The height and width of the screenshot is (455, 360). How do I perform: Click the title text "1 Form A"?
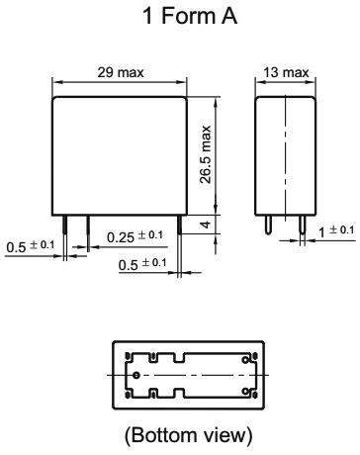pyautogui.click(x=180, y=17)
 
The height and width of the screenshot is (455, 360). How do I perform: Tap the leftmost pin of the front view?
pyautogui.click(x=65, y=226)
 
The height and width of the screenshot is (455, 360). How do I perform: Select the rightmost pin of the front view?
pyautogui.click(x=178, y=226)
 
